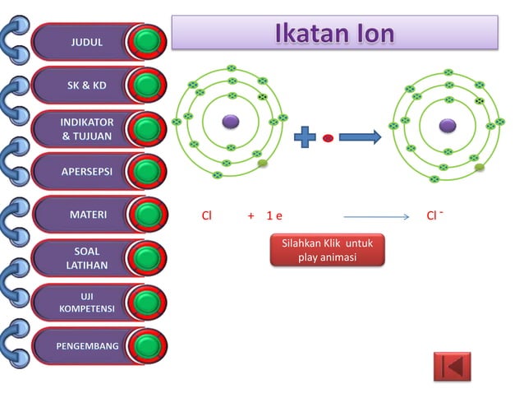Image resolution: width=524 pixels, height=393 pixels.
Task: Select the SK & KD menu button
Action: click(86, 86)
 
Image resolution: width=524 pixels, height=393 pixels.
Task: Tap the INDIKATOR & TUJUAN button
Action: click(86, 129)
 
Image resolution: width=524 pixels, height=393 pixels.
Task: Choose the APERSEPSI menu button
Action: click(86, 172)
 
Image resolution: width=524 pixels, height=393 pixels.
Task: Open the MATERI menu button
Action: click(86, 215)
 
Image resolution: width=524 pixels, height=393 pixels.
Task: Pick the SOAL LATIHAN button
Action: click(86, 257)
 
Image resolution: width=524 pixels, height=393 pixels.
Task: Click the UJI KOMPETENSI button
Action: click(86, 301)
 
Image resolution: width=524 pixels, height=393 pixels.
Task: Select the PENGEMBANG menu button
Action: click(86, 345)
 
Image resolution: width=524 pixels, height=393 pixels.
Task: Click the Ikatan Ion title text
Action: click(333, 33)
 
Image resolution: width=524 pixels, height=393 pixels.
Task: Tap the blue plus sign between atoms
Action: click(305, 137)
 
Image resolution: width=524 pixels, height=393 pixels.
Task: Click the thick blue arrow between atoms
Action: click(360, 137)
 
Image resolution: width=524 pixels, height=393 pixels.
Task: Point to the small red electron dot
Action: click(328, 138)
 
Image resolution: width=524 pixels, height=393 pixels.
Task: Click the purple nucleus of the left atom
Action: click(231, 123)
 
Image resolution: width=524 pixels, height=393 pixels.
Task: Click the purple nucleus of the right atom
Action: click(448, 126)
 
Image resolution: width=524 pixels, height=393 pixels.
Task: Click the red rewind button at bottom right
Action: click(453, 366)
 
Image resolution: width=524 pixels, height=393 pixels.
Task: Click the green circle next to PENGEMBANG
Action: click(148, 345)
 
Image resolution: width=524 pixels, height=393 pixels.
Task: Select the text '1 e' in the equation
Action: click(274, 216)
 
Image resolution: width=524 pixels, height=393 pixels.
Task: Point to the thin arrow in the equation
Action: click(375, 217)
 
